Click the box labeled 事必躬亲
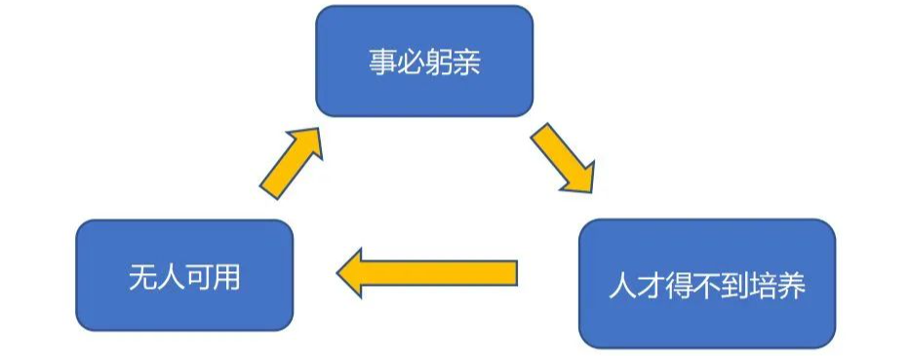click(x=424, y=60)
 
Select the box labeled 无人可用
click(x=184, y=275)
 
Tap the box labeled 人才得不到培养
click(x=707, y=284)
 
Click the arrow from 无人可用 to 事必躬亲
click(x=292, y=163)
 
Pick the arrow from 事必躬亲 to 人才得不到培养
click(x=563, y=157)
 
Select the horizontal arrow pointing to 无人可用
click(x=427, y=273)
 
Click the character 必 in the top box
click(x=411, y=61)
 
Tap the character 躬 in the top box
click(x=438, y=61)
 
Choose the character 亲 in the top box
click(x=466, y=61)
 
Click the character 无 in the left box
click(x=142, y=277)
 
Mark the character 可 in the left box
click(x=198, y=277)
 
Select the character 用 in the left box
click(x=226, y=277)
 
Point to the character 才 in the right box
click(x=651, y=285)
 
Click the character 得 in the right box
click(x=679, y=285)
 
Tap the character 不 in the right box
click(x=707, y=285)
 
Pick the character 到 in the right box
click(x=735, y=285)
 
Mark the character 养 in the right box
click(x=792, y=285)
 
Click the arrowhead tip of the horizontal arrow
click(x=337, y=273)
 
